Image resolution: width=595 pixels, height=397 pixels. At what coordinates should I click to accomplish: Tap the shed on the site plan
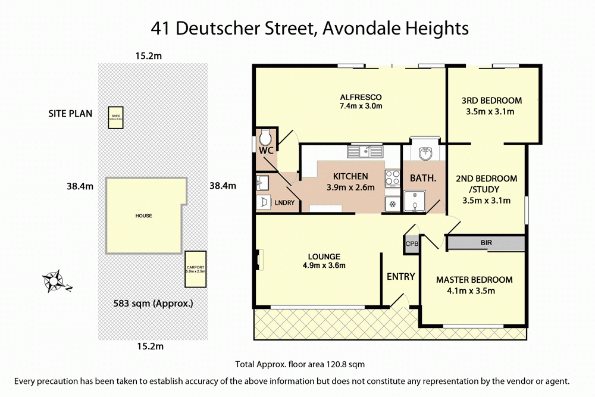pos(115,117)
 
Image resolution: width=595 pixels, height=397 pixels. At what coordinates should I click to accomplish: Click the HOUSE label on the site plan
pos(143,215)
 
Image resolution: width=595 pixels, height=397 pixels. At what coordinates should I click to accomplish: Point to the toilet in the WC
pos(264,140)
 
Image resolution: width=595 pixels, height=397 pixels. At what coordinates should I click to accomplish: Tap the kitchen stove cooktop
pos(393,177)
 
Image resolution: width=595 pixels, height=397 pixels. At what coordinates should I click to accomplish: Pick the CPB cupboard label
pos(412,243)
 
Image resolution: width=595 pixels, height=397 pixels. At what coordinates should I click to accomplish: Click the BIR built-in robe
pos(486,243)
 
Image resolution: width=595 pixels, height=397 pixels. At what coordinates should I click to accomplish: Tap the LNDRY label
pos(285,203)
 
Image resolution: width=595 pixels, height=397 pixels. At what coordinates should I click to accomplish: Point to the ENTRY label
pos(400,276)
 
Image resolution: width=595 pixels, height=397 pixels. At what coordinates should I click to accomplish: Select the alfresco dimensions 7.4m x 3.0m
pos(361,106)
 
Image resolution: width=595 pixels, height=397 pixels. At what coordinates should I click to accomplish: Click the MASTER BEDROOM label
pos(474,280)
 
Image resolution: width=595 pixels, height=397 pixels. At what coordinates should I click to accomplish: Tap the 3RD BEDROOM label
pos(491,100)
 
